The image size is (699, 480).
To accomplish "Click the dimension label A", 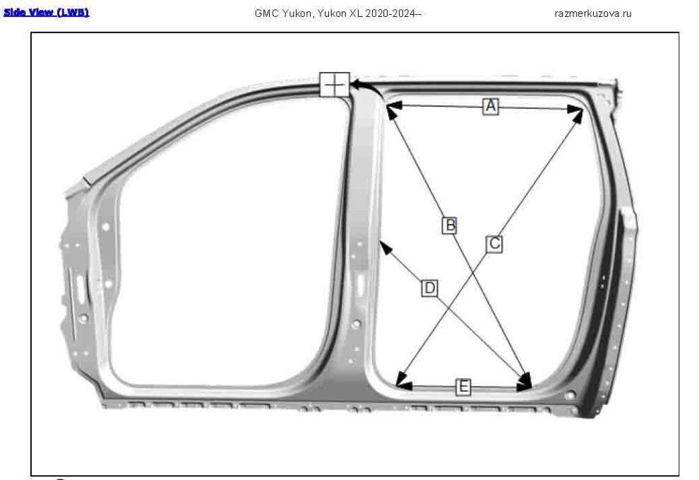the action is pos(491,106).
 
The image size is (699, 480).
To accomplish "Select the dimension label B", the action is pos(450,225).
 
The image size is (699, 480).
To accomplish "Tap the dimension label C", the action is pos(494,244).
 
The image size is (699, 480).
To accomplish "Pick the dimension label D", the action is pos(429,288).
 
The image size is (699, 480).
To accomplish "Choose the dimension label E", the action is pos(464,386).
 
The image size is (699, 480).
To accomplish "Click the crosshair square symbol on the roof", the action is pos(335,84).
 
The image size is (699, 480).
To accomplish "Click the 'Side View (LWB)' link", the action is pos(47,13).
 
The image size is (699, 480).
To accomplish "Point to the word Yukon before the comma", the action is pos(296,13).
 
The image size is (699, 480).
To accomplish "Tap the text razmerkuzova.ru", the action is pos(593,13).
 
